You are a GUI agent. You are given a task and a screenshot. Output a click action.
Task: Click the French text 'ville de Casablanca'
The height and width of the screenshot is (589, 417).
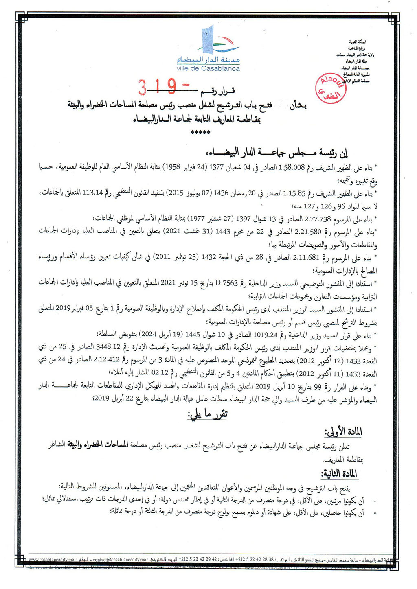pos(208,68)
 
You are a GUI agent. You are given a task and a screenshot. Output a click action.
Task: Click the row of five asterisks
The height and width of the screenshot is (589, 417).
pos(200,133)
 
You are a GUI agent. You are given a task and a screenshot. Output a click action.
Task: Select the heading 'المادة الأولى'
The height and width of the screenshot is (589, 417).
pos(343,432)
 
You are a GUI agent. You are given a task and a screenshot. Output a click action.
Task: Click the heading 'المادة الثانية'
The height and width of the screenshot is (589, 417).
pos(339,473)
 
